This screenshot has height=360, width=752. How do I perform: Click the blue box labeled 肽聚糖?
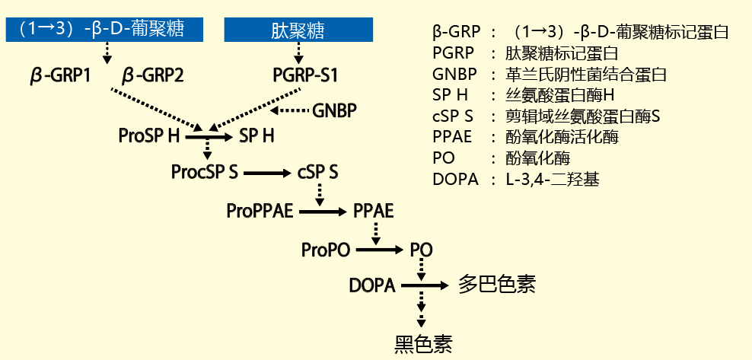coord(298,30)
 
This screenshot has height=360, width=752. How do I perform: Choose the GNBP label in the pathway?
coord(335,111)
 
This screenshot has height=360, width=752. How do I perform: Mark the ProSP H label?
coord(149,136)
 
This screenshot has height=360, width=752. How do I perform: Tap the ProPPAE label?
coord(260,210)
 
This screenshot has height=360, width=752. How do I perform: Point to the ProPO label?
coord(326,249)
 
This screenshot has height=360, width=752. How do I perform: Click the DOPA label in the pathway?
coord(372,286)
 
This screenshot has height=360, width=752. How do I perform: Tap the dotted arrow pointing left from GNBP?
coord(289,112)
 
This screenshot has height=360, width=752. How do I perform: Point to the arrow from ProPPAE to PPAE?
coord(322,211)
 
